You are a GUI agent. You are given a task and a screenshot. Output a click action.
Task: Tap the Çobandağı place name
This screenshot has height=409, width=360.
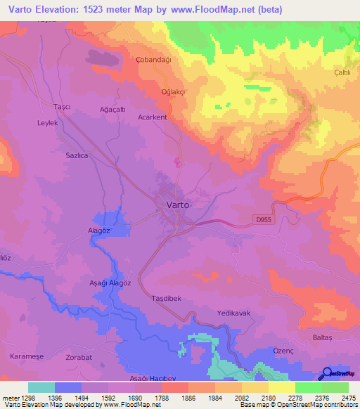tap(153, 60)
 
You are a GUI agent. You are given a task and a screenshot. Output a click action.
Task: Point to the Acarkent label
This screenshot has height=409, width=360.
tap(153, 117)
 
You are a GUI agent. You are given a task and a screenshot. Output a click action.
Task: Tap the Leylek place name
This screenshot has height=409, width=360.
tap(46, 122)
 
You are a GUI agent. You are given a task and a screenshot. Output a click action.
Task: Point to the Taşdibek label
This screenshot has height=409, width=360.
tap(167, 299)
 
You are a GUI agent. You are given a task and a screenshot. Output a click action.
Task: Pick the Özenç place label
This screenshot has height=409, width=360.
tap(282, 350)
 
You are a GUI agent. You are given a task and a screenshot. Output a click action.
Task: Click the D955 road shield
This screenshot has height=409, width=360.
tap(263, 220)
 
